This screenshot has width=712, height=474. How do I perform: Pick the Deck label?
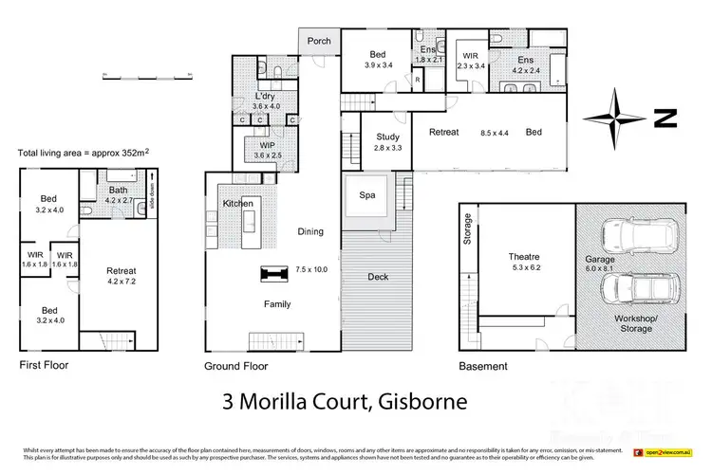[x=378, y=278]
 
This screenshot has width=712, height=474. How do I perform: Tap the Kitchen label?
[x=238, y=204]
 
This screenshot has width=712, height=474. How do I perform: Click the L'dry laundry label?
[x=266, y=97]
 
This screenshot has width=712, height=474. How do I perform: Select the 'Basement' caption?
[x=482, y=366]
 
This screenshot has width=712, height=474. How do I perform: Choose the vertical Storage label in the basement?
[x=467, y=229]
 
